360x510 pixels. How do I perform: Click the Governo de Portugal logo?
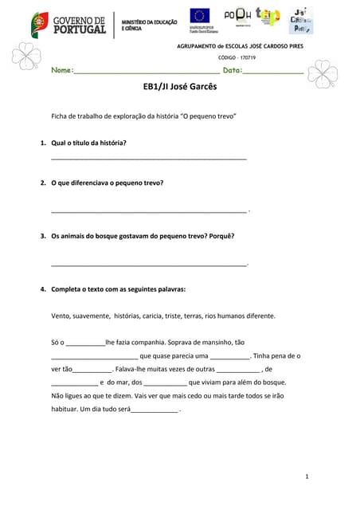pos(68,24)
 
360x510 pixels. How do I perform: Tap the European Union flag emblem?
pos(200,15)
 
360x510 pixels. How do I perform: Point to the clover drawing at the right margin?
pos(323,74)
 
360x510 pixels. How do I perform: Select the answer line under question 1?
pos(148,159)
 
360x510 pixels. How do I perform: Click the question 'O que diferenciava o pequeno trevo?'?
pos(107,182)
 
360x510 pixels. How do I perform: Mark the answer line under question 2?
pos(148,211)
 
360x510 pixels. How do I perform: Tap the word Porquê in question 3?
pos(219,236)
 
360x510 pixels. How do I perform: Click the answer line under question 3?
pos(148,264)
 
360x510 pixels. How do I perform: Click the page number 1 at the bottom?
pos(307,476)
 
